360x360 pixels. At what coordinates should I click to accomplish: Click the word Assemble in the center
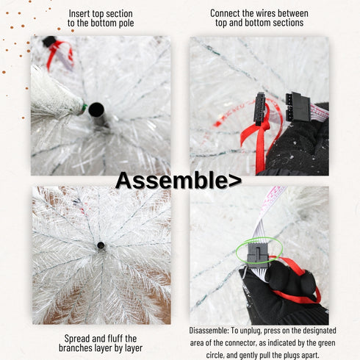pos(169,180)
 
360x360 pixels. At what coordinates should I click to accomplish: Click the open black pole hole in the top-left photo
pos(96,110)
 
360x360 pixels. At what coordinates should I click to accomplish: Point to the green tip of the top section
pos(83,109)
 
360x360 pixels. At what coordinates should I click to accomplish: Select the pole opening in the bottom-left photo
pos(101,245)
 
